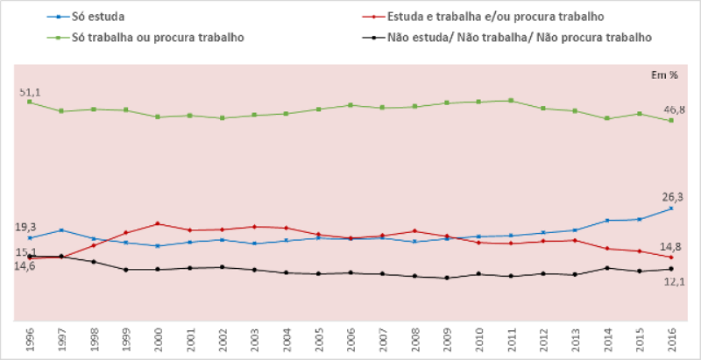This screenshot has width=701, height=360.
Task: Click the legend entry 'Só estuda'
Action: pyautogui.click(x=76, y=17)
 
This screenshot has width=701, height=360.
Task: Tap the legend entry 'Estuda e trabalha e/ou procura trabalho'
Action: pyautogui.click(x=494, y=17)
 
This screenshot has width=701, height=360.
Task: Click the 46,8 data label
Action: pyautogui.click(x=674, y=109)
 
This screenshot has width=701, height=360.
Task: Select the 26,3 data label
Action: pyautogui.click(x=673, y=197)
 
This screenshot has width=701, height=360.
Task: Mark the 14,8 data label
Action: pyautogui.click(x=672, y=247)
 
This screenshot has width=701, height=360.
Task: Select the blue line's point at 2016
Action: pyautogui.click(x=671, y=208)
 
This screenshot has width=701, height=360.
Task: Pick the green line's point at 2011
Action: pyautogui.click(x=511, y=101)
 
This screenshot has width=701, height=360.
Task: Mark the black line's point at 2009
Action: pyautogui.click(x=447, y=278)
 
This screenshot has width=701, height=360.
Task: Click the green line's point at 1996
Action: pyautogui.click(x=30, y=102)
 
